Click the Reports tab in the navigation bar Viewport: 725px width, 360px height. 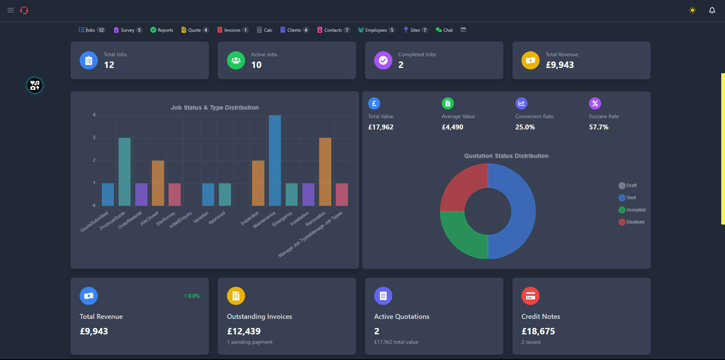162,30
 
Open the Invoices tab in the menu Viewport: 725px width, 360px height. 232,30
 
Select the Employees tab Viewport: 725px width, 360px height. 376,30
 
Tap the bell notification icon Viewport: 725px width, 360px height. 712,10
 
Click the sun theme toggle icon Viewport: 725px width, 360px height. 692,10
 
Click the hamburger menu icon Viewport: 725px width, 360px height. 11,10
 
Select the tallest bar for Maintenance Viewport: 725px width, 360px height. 275,160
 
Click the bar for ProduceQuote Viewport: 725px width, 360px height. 125,172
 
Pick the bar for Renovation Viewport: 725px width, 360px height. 325,172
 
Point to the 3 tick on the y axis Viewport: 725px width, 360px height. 94,138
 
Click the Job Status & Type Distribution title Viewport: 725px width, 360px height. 214,108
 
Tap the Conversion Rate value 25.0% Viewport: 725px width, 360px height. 525,127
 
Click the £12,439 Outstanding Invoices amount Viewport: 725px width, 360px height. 244,331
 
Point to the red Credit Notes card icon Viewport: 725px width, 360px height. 531,296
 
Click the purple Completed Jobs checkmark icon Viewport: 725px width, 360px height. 383,60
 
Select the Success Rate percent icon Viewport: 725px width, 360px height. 595,103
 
